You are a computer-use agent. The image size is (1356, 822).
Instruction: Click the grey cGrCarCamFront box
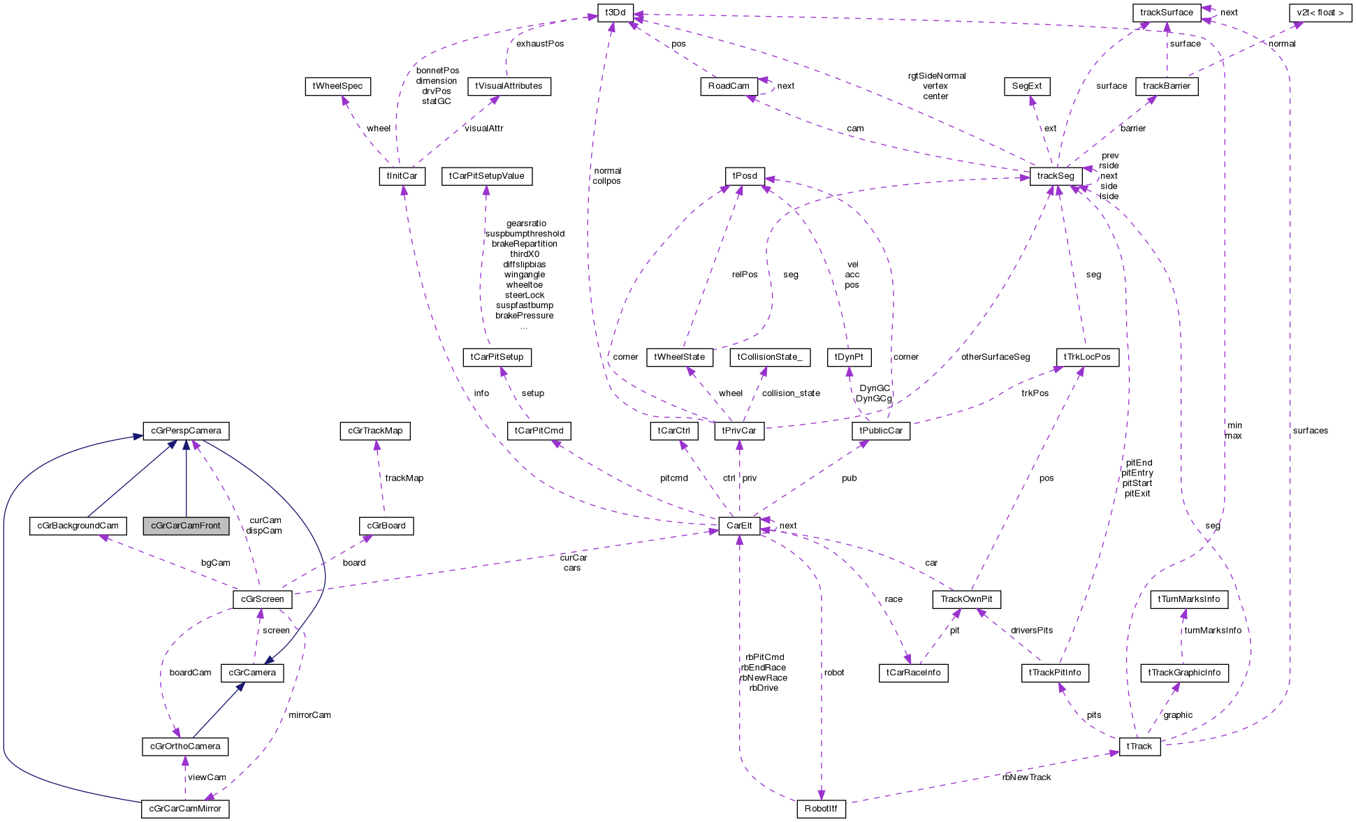[x=186, y=526]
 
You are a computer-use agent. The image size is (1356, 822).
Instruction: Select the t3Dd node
[x=615, y=13]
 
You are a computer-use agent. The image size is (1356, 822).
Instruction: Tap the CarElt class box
[x=739, y=526]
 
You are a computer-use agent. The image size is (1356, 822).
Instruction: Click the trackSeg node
[x=1056, y=176]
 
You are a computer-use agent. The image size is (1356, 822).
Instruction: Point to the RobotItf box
[x=821, y=809]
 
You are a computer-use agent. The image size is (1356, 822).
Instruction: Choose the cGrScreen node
[x=262, y=599]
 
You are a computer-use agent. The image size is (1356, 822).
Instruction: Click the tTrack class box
[x=1139, y=747]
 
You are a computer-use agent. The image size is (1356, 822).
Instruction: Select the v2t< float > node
[x=1320, y=13]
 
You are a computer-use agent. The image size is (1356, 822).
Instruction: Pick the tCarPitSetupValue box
[x=487, y=176]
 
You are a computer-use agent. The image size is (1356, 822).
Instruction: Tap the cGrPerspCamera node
[x=186, y=431]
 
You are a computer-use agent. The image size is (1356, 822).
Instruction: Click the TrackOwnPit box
[x=966, y=599]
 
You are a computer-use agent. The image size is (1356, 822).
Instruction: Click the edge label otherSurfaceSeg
[x=996, y=357]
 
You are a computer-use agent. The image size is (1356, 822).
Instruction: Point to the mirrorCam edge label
[x=309, y=715]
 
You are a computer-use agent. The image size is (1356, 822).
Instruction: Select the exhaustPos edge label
[x=540, y=44]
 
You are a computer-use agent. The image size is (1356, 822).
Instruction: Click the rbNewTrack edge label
[x=1026, y=777]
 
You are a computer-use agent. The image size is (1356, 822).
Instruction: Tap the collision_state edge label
[x=791, y=393]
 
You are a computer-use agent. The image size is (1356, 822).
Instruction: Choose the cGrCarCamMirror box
[x=185, y=809]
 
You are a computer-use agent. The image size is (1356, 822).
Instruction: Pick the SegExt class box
[x=1027, y=87]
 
